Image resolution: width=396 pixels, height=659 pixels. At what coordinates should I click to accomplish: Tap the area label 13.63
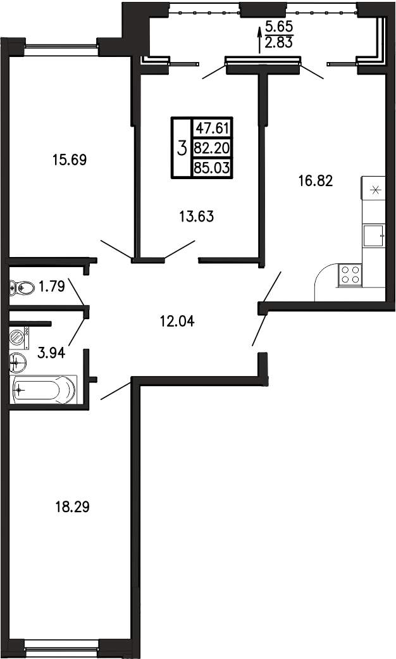(x=197, y=217)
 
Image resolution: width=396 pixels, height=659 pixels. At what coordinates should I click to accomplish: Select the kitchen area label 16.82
(x=316, y=180)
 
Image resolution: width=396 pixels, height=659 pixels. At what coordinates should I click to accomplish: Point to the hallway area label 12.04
(x=178, y=322)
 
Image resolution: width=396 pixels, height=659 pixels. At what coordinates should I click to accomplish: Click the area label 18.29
(x=73, y=507)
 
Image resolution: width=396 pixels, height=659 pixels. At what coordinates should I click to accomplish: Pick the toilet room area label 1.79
(x=51, y=287)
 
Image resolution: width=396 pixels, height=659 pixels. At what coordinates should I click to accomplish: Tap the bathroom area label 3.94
(x=51, y=353)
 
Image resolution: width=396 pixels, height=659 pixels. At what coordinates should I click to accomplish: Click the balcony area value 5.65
(x=279, y=27)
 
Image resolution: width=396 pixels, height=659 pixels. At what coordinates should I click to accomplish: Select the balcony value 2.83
(x=279, y=42)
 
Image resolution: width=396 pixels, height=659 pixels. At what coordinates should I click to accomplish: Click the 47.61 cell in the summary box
(x=212, y=127)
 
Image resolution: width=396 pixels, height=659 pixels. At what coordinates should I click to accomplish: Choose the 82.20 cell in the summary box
(x=212, y=147)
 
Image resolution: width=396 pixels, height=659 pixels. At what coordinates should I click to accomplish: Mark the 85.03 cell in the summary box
(x=212, y=168)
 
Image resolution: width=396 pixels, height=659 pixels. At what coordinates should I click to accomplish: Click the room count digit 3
(x=182, y=148)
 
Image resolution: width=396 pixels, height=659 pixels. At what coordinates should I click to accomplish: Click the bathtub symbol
(x=44, y=389)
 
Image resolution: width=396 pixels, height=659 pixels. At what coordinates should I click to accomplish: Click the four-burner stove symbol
(x=349, y=275)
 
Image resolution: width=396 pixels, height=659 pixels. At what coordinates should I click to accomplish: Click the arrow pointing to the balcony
(x=259, y=39)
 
